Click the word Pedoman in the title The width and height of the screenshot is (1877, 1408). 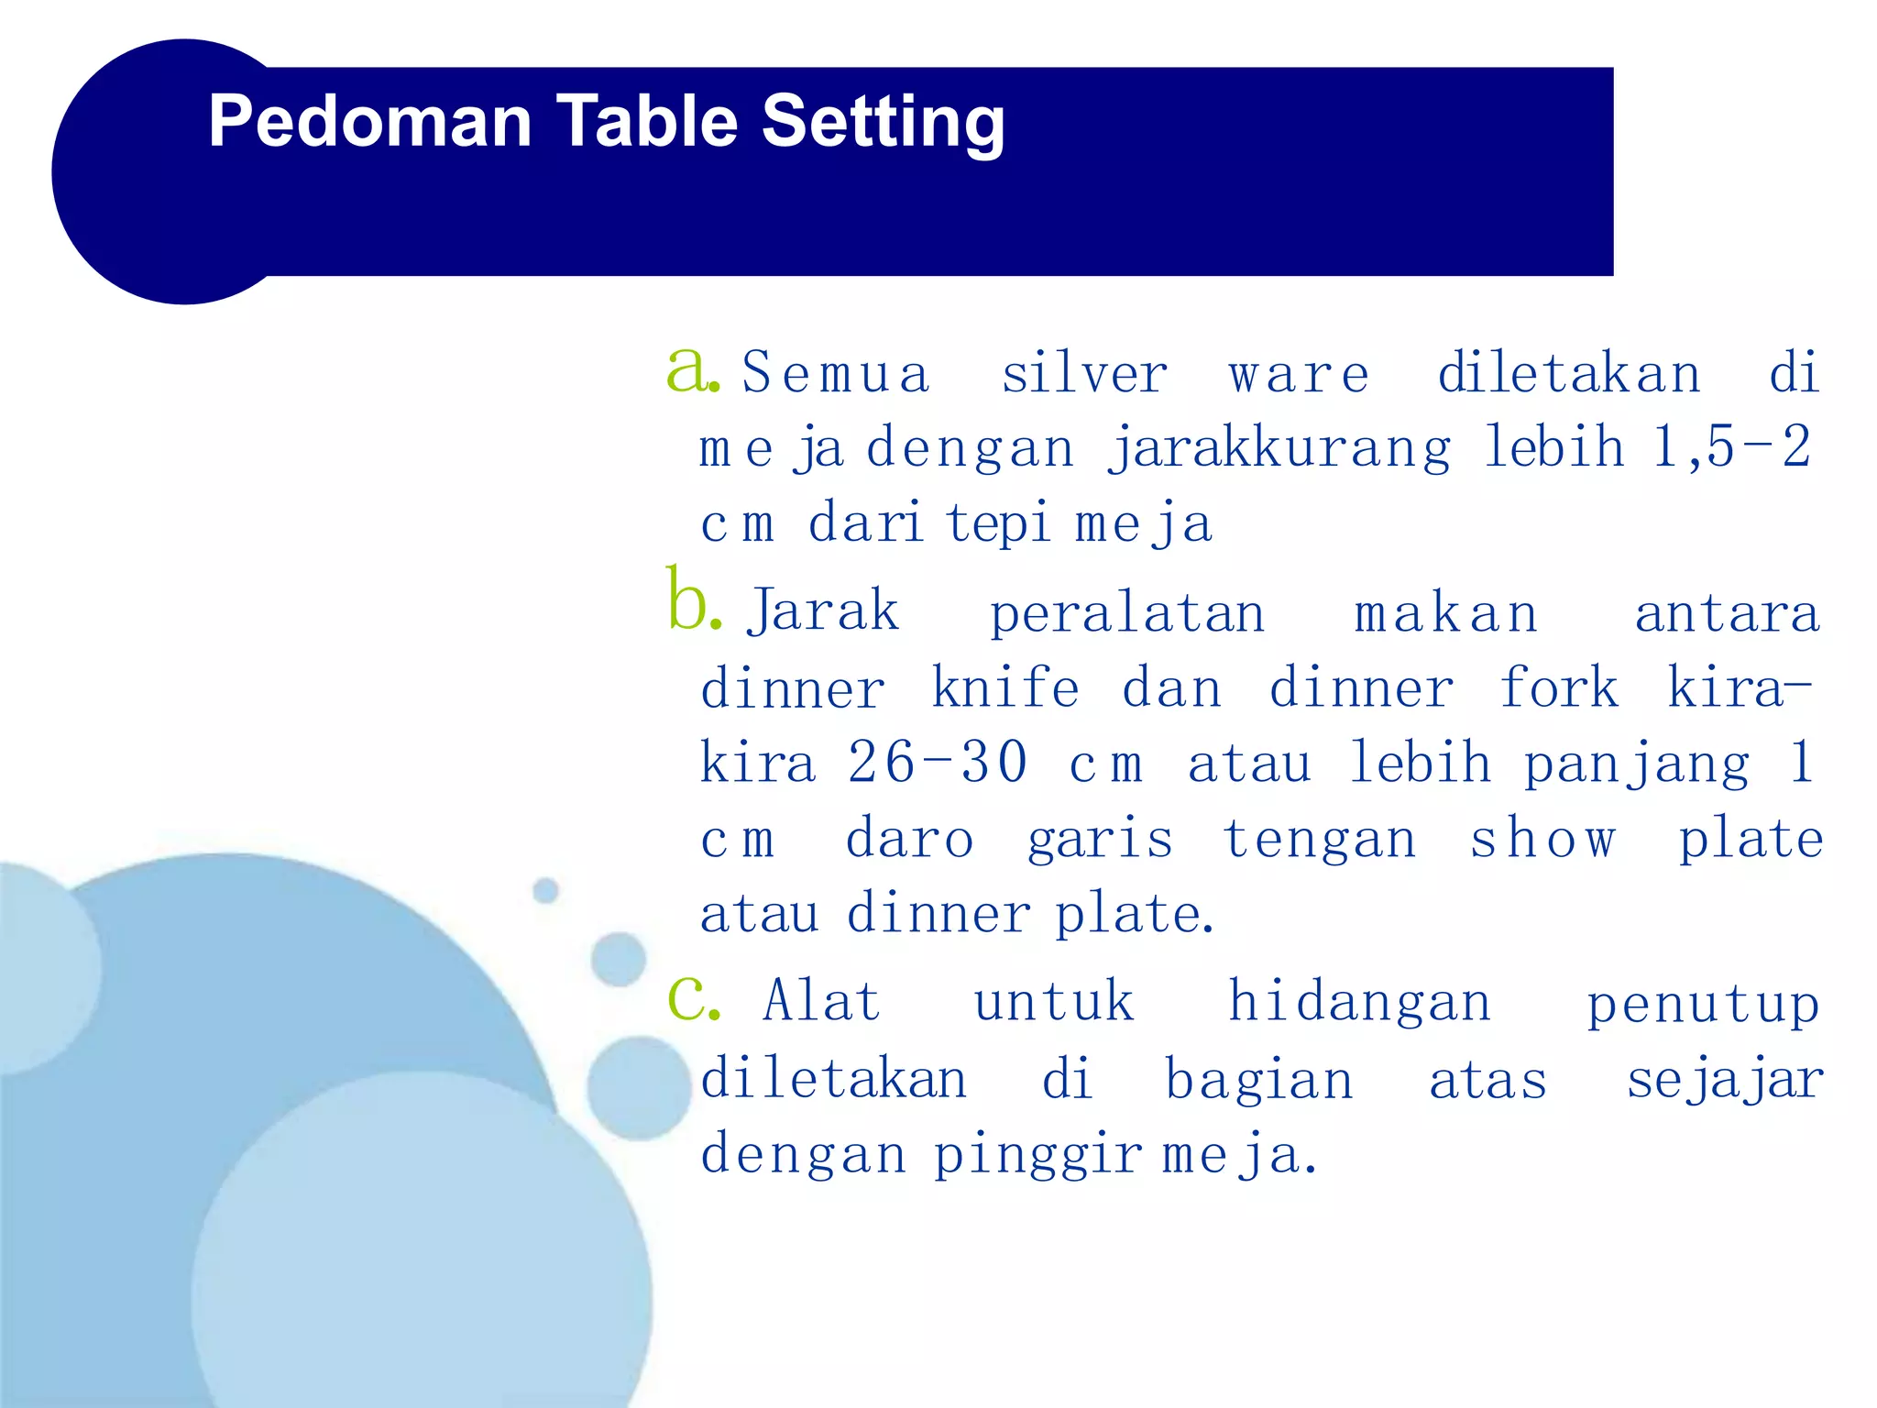coord(369,121)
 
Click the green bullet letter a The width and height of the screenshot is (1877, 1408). coord(689,369)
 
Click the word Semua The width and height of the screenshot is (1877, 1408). coord(836,374)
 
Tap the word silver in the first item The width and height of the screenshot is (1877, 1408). coord(1084,374)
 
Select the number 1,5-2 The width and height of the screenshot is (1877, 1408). coord(1732,447)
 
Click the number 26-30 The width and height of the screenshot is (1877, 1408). coord(937,763)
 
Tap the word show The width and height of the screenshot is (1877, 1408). coord(1543,838)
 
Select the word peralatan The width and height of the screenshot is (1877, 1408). coord(1127,614)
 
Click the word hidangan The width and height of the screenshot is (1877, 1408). coord(1359,1003)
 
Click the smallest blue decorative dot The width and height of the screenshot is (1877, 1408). coord(545,890)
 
